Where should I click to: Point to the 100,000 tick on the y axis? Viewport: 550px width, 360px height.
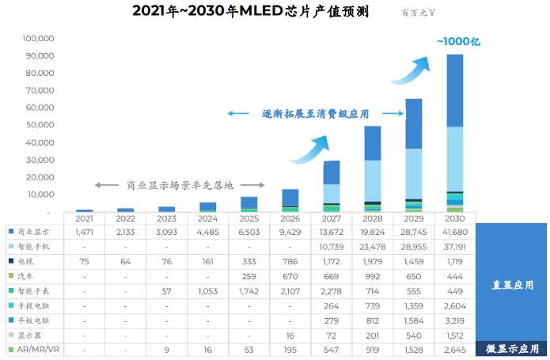coord(38,38)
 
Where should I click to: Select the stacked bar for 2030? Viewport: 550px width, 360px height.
coord(455,135)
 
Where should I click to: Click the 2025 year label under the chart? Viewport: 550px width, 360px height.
coord(249,218)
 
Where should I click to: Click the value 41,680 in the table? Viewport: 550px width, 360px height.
coord(455,231)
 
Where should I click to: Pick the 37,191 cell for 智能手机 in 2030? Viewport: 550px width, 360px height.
coord(455,246)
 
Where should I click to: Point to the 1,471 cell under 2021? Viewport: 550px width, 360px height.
coord(85,231)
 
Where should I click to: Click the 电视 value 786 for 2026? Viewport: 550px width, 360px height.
coord(290,261)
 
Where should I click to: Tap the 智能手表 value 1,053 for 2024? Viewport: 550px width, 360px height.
coord(208,290)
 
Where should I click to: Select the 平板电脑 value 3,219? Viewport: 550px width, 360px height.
coord(455,320)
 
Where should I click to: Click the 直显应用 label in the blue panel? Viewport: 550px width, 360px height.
coord(513,284)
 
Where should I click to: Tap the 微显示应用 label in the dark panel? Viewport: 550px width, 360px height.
coord(512,349)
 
